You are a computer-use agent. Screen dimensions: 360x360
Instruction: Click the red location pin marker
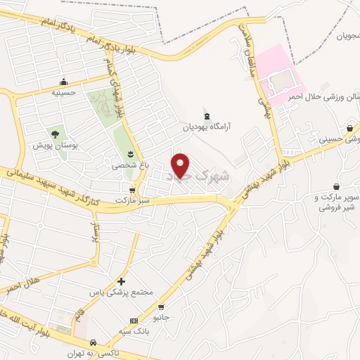[181, 164]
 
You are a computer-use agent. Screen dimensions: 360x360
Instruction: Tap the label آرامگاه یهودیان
[207, 127]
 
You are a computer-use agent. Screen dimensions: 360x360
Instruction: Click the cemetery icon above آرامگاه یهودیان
[206, 116]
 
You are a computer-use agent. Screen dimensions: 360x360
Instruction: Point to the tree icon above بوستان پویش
[54, 133]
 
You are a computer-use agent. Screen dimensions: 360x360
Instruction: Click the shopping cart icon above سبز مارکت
[132, 190]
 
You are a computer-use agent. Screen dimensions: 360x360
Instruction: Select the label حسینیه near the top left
[65, 92]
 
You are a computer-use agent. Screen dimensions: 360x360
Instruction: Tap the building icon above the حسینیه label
[64, 82]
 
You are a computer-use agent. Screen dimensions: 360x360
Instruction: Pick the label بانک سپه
[134, 332]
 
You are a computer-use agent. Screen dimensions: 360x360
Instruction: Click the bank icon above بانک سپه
[134, 321]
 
